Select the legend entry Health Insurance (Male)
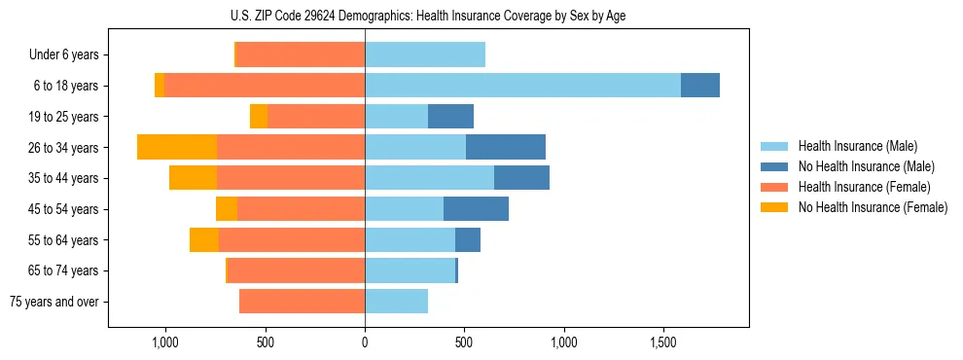point(851,146)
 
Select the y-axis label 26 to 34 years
point(64,148)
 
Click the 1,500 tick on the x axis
point(663,342)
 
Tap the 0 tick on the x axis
point(365,342)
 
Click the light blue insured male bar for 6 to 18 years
point(522,86)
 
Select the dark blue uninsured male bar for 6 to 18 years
point(700,86)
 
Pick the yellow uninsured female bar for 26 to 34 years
point(177,147)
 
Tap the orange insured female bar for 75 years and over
point(302,302)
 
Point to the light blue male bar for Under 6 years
point(425,55)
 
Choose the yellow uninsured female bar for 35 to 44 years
point(193,178)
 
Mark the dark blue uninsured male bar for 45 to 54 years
point(476,209)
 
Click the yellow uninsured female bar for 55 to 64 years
point(204,240)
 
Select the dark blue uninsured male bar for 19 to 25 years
point(450,117)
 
